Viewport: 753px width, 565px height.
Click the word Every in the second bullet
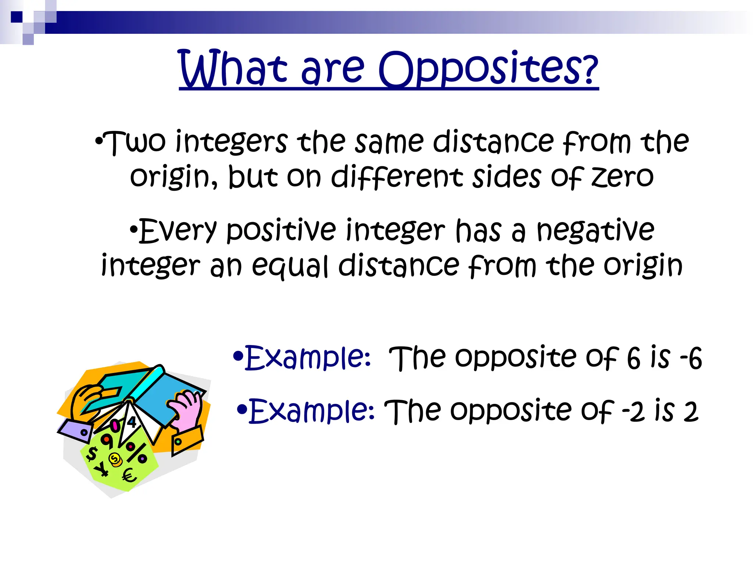pyautogui.click(x=178, y=231)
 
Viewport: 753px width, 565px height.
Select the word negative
pyautogui.click(x=595, y=231)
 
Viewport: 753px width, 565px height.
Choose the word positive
pyautogui.click(x=281, y=231)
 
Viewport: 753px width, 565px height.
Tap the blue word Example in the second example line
pyautogui.click(x=311, y=411)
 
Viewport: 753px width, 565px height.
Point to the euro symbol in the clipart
pyautogui.click(x=129, y=476)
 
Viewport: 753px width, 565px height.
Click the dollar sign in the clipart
pyautogui.click(x=92, y=453)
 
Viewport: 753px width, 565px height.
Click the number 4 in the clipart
pyautogui.click(x=132, y=422)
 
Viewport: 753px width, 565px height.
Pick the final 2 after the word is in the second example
pyautogui.click(x=690, y=412)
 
